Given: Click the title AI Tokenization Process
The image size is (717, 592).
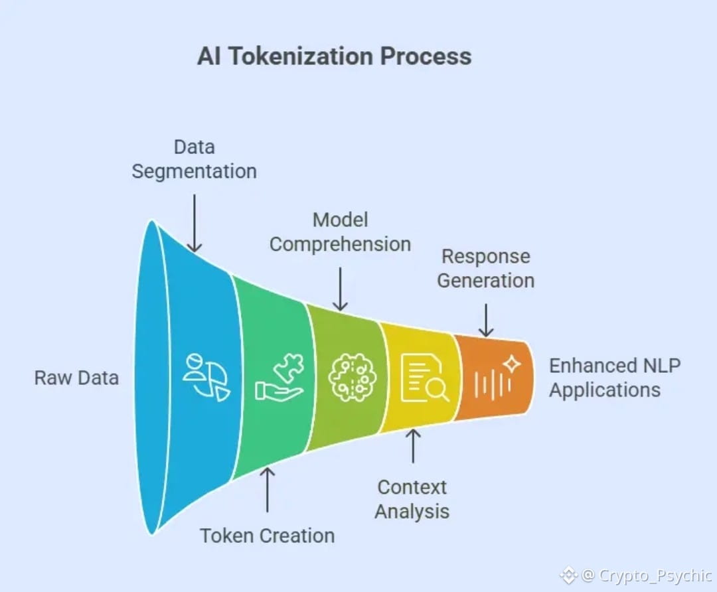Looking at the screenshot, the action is (334, 56).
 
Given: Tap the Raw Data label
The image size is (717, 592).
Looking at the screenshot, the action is (76, 378).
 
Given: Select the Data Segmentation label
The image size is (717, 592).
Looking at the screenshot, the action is (194, 159).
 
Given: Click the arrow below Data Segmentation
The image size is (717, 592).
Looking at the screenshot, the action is (194, 223).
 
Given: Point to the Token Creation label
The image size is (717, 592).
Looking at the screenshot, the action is (268, 536).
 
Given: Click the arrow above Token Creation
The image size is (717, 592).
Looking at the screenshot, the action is (268, 490).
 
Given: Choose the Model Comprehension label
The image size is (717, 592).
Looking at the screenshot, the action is (340, 232).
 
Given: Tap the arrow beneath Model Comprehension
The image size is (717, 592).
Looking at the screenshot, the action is (340, 289).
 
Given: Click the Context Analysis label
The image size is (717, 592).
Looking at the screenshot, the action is (412, 499).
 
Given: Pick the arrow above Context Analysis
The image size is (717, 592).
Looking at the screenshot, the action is (413, 446).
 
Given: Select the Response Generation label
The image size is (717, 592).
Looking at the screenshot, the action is (486, 268).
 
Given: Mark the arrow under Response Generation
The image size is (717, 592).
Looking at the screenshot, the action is (486, 320).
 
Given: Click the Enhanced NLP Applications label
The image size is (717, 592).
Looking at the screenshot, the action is (614, 378).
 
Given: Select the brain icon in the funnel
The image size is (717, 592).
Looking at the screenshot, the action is (353, 378).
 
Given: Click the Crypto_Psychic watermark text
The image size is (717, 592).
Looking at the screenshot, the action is (655, 575).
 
